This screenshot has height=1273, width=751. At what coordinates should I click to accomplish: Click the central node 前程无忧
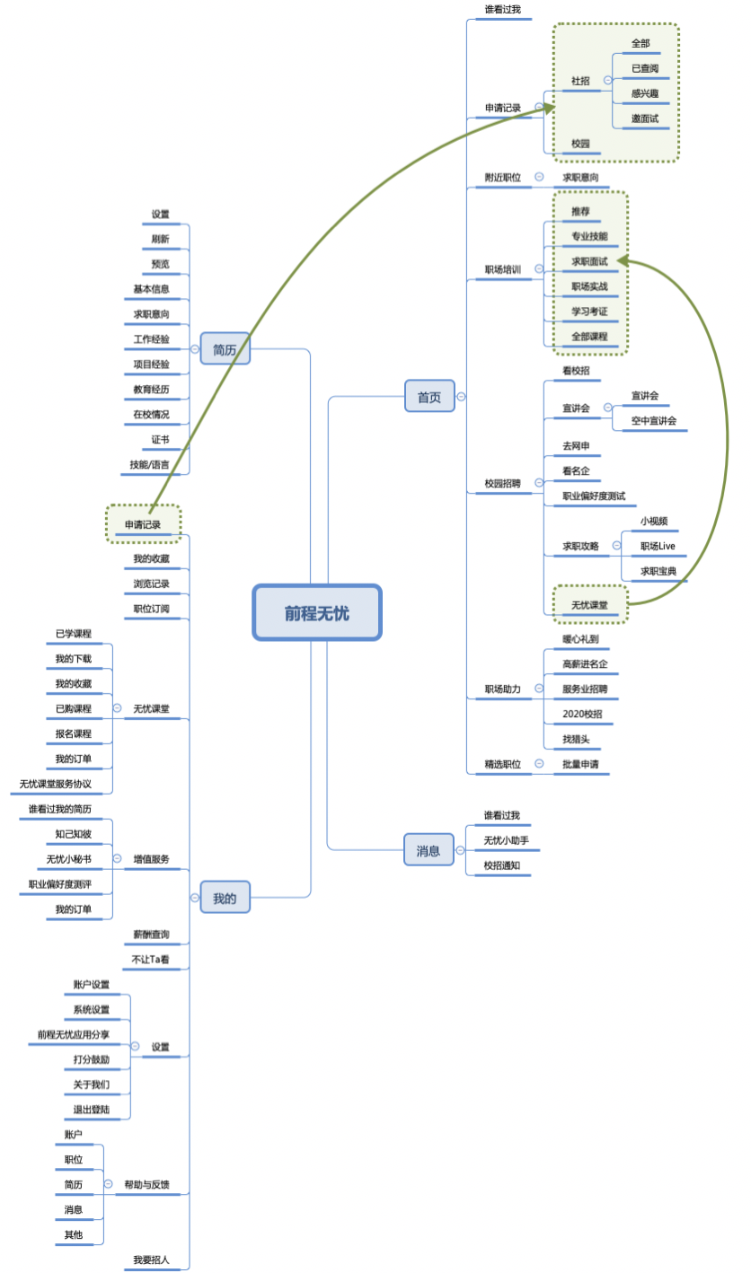click(x=317, y=613)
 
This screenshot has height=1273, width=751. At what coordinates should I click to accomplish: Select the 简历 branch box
click(x=225, y=349)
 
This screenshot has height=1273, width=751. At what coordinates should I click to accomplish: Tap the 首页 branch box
click(x=429, y=396)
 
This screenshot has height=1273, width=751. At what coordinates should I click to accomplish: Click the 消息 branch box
click(x=429, y=849)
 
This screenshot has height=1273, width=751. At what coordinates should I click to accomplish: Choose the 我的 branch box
click(x=225, y=897)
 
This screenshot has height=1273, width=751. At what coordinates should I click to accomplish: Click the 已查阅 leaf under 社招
click(x=644, y=68)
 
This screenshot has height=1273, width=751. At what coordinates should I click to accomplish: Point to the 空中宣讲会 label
click(x=653, y=420)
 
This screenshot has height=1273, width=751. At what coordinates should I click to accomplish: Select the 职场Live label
click(x=657, y=546)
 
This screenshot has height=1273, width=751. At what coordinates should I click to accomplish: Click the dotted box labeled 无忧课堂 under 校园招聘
click(x=589, y=604)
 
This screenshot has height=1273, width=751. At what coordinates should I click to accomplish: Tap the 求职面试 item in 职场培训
click(x=589, y=261)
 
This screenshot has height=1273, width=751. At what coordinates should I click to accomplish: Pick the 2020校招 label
click(x=582, y=714)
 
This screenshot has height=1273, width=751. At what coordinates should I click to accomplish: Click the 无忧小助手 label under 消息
click(x=506, y=840)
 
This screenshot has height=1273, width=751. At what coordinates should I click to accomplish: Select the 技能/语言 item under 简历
click(x=149, y=464)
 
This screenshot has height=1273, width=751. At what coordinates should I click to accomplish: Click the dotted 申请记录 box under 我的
click(x=143, y=524)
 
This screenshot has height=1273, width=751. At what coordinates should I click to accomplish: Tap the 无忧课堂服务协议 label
click(x=56, y=784)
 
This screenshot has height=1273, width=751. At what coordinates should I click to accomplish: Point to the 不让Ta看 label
click(x=151, y=959)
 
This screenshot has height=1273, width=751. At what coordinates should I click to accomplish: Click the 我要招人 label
click(x=151, y=1260)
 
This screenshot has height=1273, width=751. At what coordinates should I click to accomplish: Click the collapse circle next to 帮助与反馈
click(x=108, y=1184)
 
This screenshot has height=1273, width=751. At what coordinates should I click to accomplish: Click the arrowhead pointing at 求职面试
click(x=622, y=260)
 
